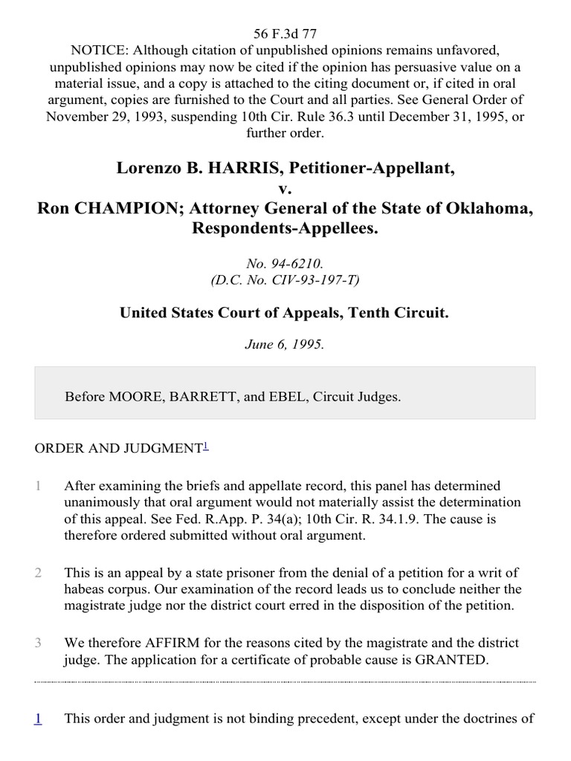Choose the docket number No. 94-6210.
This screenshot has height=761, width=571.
click(285, 264)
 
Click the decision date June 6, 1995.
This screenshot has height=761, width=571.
click(285, 346)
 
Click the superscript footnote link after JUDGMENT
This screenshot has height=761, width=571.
click(206, 446)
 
